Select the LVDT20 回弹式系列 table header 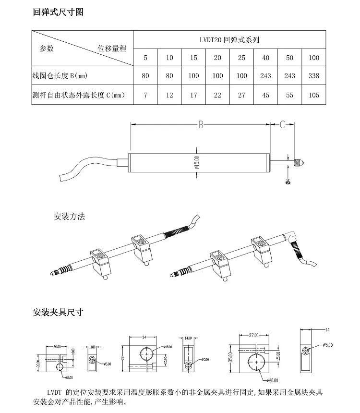coord(230,40)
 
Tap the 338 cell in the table coord(313,75)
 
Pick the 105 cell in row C coord(313,95)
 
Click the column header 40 coord(265,58)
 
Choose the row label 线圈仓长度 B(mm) coord(60,76)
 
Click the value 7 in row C coord(145,95)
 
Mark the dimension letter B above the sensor coord(201,124)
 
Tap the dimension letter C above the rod coord(283,124)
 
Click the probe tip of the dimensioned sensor coord(304,162)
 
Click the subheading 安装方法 coord(70,217)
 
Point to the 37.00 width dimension coord(253,335)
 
